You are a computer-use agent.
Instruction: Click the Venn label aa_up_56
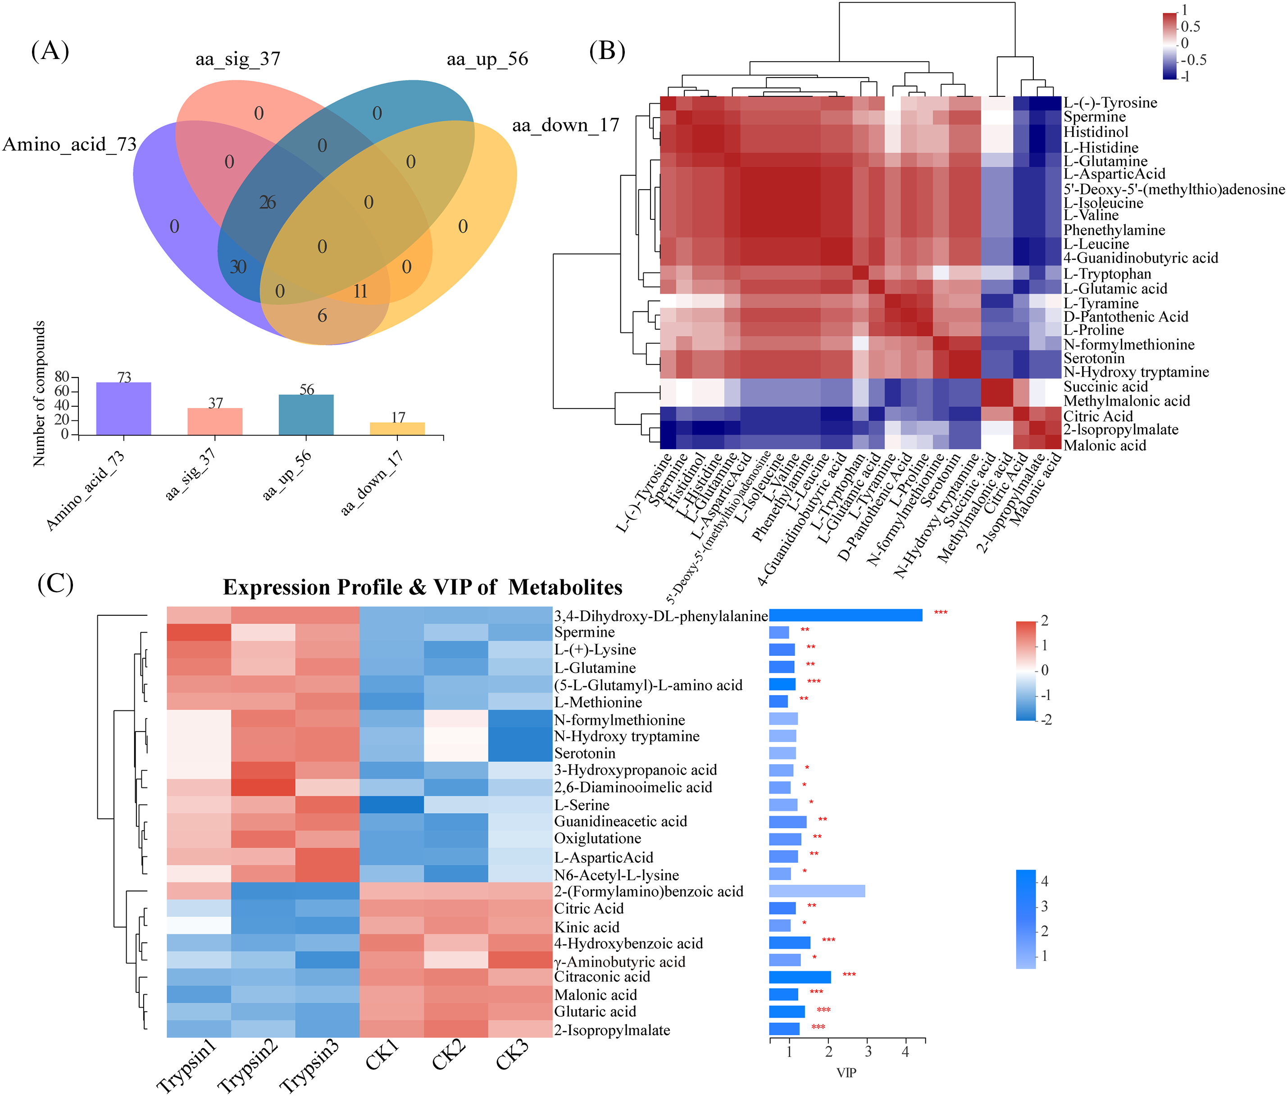(487, 59)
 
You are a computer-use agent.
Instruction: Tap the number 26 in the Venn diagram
(267, 203)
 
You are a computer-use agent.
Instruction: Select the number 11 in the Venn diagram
(360, 291)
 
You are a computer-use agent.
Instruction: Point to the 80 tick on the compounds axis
(62, 377)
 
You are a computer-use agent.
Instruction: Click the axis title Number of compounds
(39, 393)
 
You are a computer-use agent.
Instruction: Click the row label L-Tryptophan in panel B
(1107, 274)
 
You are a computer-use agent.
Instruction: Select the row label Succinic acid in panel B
(1105, 387)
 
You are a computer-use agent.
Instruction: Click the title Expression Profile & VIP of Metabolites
(423, 587)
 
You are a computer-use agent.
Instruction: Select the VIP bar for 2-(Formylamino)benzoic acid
(817, 891)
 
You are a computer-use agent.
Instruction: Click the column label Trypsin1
(186, 1065)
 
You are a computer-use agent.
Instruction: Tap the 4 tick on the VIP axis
(905, 1052)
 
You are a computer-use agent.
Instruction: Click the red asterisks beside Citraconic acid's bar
(849, 975)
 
